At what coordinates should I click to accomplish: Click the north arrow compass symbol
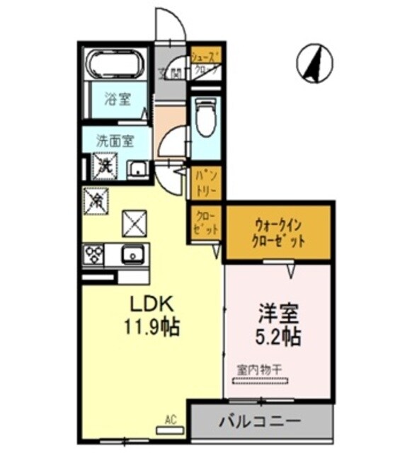coord(314,62)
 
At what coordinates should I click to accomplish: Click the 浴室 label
coord(118,99)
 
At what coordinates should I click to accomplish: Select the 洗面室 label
coord(115,140)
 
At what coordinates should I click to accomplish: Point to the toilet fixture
coord(205,118)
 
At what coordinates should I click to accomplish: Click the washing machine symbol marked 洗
coord(103,167)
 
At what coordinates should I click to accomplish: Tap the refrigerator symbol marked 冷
coord(95,200)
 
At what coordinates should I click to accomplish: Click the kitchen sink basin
coord(132,254)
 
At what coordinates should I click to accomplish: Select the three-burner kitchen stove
coord(93,254)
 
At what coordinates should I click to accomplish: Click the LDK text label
coord(151,303)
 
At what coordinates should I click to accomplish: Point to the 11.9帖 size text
coord(151,327)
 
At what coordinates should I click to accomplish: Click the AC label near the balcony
coord(171,420)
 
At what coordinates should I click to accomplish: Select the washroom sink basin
coord(136,169)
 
